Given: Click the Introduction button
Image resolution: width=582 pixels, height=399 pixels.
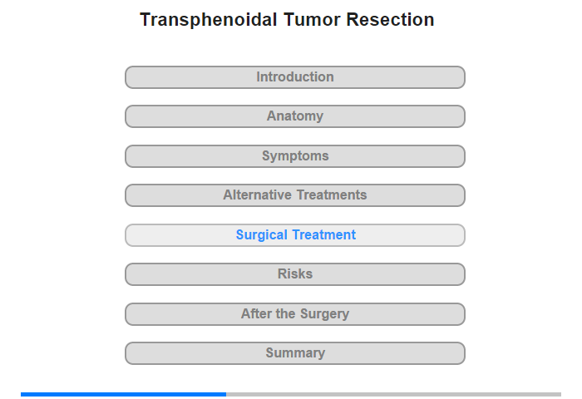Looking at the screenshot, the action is (294, 77).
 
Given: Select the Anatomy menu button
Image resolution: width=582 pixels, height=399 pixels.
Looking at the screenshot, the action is (294, 116).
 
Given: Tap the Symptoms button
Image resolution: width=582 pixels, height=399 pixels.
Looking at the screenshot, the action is (294, 156).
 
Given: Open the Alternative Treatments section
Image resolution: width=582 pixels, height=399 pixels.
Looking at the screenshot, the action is (294, 195).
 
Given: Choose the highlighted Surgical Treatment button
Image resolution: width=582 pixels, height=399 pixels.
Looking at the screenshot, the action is (294, 235).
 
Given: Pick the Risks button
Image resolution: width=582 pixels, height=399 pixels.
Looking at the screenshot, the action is (294, 274).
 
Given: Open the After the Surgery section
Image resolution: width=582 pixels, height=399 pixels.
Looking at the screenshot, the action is (294, 314).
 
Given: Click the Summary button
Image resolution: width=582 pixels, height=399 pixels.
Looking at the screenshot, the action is (294, 353).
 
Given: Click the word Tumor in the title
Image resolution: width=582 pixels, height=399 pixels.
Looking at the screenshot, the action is (312, 20).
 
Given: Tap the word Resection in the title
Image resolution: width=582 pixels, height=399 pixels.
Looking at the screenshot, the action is (390, 20).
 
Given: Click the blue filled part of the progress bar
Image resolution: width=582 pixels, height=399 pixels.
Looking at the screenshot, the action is (124, 394).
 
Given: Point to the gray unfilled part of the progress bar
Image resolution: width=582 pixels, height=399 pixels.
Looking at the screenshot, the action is (394, 394).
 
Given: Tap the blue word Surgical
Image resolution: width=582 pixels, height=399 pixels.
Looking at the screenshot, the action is (262, 235).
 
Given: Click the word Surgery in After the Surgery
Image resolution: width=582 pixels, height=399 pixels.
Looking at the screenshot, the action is (324, 314).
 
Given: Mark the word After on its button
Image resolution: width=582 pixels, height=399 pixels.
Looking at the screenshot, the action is (256, 313).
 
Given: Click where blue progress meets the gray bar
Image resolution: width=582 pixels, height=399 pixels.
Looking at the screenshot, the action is (226, 394).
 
